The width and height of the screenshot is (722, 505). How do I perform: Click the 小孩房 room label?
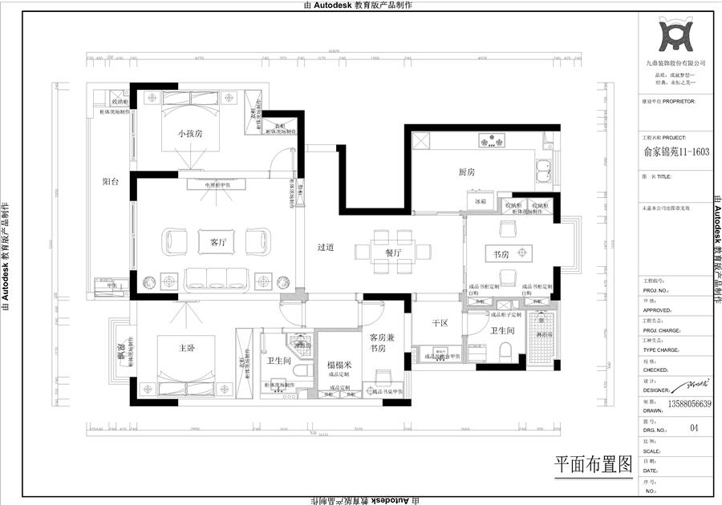[x=190, y=134]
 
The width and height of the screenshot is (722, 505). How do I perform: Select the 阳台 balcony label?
[x=111, y=182]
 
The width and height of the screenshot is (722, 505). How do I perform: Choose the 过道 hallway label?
[x=326, y=248]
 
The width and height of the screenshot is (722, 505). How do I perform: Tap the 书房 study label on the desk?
[x=502, y=254]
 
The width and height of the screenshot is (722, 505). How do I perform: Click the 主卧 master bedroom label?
[x=189, y=347]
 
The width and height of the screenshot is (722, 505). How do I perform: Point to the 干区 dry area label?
[x=439, y=323]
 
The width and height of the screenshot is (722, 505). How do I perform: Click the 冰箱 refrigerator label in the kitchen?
[x=482, y=203]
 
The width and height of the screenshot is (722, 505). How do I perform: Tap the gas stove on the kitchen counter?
[x=487, y=143]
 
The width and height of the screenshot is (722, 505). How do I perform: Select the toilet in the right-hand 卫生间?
[x=505, y=351]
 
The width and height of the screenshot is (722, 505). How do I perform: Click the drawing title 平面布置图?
[x=594, y=464]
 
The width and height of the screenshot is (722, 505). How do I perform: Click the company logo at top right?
[x=675, y=35]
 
